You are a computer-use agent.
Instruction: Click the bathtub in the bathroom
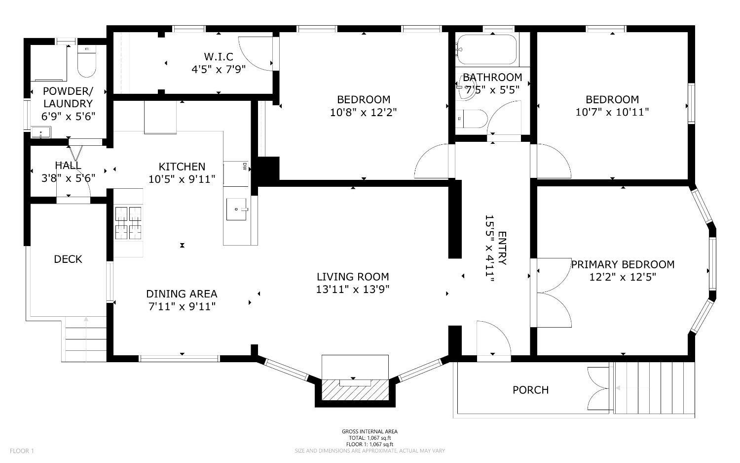pos(486,49)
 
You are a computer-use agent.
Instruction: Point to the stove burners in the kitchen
pos(128,222)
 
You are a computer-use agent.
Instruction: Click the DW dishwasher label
pos(244,167)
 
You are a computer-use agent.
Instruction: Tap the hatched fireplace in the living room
pos(355,390)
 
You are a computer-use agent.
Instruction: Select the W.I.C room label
pos(218,57)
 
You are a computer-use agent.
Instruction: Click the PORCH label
pos(530,390)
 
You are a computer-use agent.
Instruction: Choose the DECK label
pos(68,259)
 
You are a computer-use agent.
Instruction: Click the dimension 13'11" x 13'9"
pos(353,289)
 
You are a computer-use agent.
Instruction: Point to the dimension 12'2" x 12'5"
pos(623,277)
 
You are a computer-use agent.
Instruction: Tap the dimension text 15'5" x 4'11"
pos(489,249)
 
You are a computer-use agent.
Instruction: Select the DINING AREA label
pos(182,294)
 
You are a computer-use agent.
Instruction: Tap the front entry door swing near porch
pos(493,338)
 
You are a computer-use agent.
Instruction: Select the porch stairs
pos(654,388)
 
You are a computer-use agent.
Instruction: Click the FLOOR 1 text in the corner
pos(22,451)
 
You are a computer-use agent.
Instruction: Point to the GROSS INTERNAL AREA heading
pos(370,431)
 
